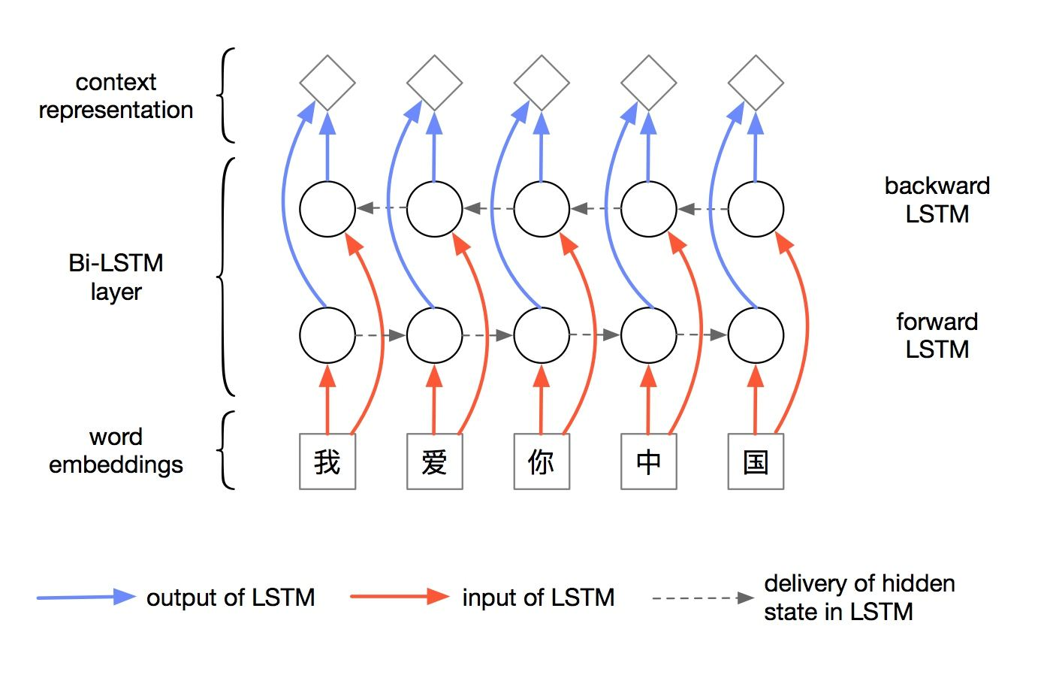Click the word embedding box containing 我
tap(327, 462)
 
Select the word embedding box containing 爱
tap(434, 462)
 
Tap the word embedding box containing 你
tap(542, 462)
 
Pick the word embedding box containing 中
tap(649, 462)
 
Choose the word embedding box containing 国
tap(756, 462)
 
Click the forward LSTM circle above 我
tap(327, 335)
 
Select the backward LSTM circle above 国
tap(756, 209)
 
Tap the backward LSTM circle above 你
tap(542, 209)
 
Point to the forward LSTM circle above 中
tap(649, 335)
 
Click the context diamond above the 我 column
tap(327, 83)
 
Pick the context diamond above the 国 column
tap(756, 83)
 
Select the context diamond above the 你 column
tap(542, 83)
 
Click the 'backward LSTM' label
tap(937, 200)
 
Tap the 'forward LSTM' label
tap(937, 335)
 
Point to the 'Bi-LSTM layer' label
tap(116, 277)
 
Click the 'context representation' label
tap(116, 96)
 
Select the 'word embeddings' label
tap(116, 451)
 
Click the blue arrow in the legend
tap(86, 598)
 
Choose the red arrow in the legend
tap(400, 597)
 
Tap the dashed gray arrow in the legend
tap(702, 598)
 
